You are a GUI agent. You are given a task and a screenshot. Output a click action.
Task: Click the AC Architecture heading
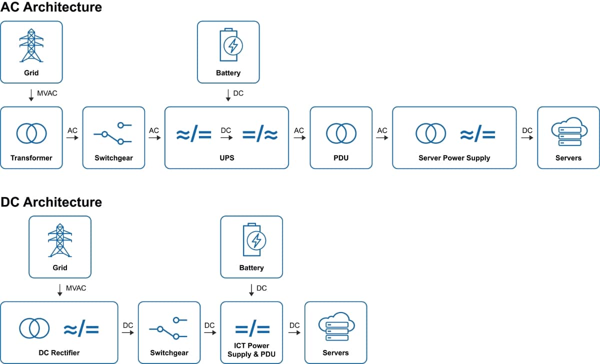[x=51, y=7]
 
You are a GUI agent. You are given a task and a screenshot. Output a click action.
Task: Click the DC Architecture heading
[x=51, y=202]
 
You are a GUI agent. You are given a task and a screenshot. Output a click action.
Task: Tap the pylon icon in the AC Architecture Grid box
[x=31, y=45]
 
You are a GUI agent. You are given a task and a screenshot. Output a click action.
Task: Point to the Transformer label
[x=31, y=158]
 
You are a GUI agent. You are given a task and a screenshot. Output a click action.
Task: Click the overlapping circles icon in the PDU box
[x=341, y=133]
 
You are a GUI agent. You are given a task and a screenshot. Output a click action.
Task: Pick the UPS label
[x=226, y=158]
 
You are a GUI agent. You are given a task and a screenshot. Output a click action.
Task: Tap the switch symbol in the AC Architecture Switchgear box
[x=112, y=133]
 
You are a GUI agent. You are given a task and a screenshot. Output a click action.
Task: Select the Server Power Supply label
[x=454, y=158]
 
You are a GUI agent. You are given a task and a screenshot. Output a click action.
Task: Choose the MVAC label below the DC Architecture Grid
[x=76, y=288]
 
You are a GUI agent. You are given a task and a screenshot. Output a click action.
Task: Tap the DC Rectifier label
[x=59, y=353]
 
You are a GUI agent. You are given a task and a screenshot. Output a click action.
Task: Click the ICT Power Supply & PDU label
[x=251, y=350]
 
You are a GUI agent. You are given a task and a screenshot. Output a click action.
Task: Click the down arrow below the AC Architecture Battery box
[x=228, y=95]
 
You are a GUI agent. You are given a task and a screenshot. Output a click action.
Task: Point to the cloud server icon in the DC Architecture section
[x=335, y=327]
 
